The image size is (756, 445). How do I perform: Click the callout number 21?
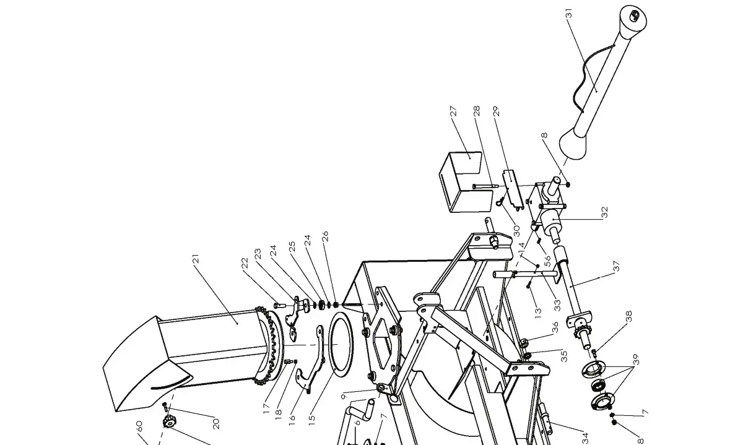(197, 260)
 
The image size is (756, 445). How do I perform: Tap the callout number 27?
(453, 111)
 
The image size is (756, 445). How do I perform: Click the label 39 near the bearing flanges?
(635, 360)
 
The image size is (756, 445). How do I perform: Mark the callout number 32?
(605, 212)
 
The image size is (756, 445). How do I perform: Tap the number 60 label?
(140, 426)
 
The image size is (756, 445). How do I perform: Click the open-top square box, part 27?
(461, 179)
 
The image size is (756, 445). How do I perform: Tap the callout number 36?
(554, 326)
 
